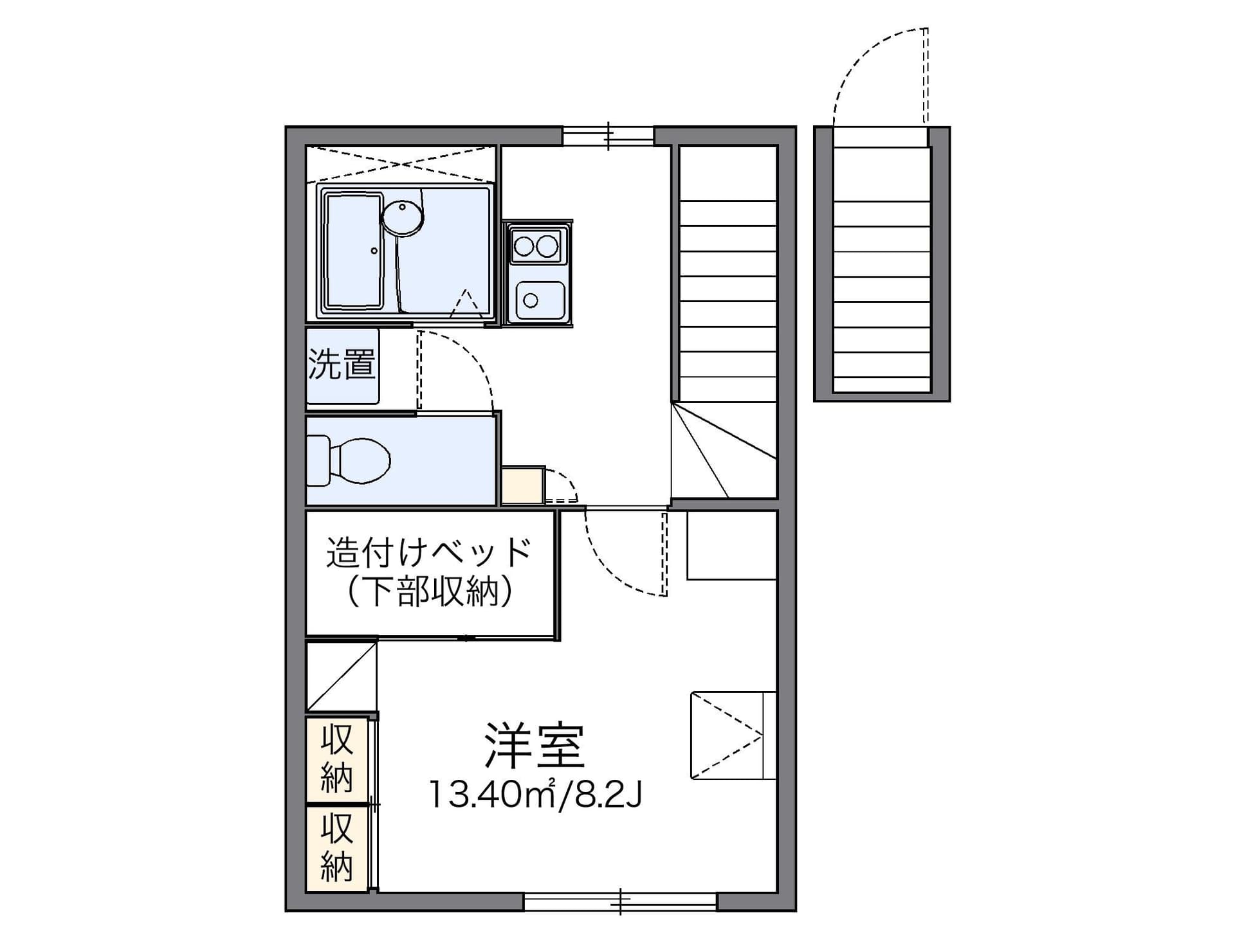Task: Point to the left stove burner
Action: coord(524,246)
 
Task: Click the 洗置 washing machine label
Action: coord(342,364)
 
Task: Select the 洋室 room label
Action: coord(534,746)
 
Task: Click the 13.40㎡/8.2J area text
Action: coord(535,795)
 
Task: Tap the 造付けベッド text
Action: coord(429,552)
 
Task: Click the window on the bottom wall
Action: coord(620,901)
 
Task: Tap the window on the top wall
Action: coord(608,136)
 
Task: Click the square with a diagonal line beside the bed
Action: coord(341,676)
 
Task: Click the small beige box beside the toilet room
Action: coord(523,485)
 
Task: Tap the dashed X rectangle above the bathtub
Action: coord(401,164)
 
